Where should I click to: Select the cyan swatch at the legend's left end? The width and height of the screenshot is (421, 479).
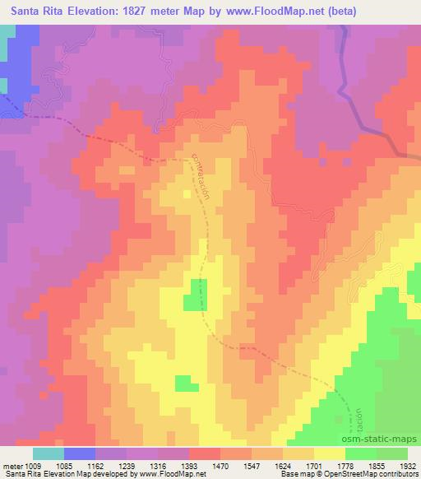point(49,453)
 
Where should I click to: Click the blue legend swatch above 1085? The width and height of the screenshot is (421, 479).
point(80,453)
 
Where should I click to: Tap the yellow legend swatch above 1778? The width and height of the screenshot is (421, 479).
point(330,453)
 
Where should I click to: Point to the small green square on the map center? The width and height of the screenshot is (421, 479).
point(195,295)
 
